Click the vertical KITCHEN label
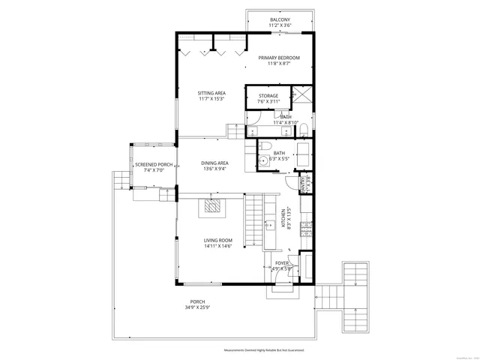283,218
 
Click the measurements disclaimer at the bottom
268,350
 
